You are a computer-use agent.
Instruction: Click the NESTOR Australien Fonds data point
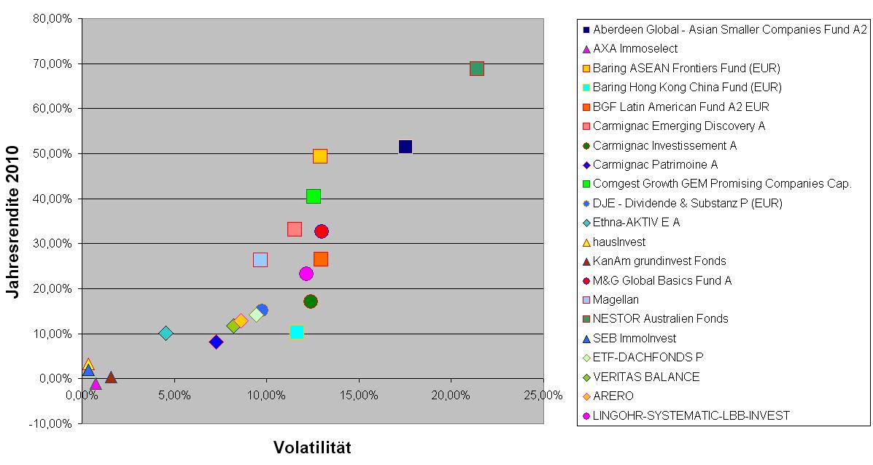(x=477, y=69)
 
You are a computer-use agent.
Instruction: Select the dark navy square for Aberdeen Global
(x=406, y=147)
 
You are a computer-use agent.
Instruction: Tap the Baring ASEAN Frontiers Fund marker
(x=320, y=156)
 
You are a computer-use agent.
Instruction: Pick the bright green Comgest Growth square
(x=314, y=196)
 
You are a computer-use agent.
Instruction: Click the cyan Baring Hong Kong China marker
(x=297, y=332)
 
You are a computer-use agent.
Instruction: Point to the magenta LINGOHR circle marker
(x=306, y=274)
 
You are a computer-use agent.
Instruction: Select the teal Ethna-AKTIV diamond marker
(x=166, y=334)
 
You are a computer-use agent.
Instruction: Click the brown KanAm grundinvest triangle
(x=111, y=377)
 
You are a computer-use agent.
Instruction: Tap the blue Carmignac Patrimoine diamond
(x=216, y=342)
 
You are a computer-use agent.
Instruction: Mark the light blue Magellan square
(x=260, y=260)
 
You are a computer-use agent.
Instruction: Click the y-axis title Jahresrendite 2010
(x=12, y=221)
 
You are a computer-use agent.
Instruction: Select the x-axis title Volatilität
(x=312, y=447)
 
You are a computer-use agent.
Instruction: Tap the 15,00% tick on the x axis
(x=359, y=395)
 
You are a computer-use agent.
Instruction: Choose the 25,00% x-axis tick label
(x=543, y=395)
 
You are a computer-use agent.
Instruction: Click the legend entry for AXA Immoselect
(x=635, y=49)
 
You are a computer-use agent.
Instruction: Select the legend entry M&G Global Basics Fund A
(x=662, y=280)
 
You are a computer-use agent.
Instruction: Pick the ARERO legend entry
(x=613, y=396)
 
